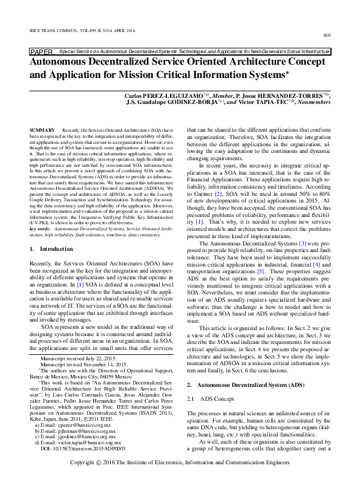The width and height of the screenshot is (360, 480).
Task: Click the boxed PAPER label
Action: point(41,53)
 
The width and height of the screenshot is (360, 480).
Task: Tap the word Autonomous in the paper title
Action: point(63,62)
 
